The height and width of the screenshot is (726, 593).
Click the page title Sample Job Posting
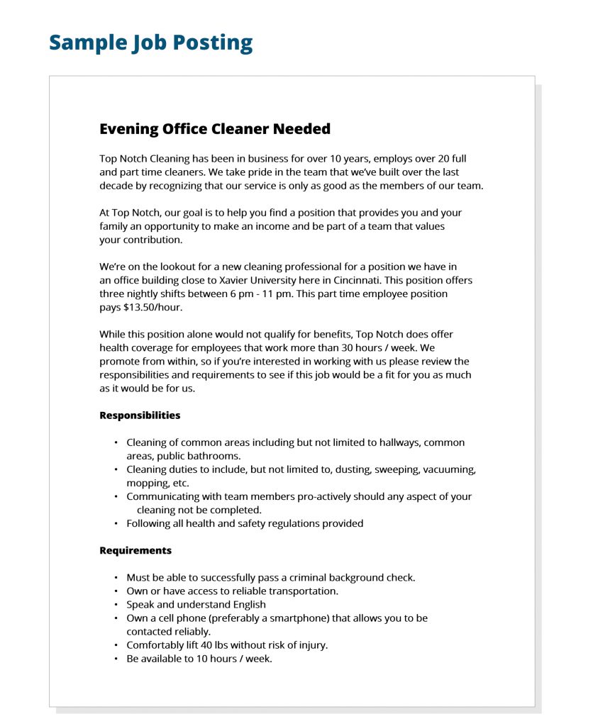point(150,43)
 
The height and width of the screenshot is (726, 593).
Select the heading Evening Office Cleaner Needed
point(215,129)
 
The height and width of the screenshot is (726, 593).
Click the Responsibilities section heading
point(140,415)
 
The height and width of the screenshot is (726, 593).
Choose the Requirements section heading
point(135,551)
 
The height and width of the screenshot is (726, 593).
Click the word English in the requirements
point(246,605)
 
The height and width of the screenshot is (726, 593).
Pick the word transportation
point(302,591)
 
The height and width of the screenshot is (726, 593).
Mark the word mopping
point(146,483)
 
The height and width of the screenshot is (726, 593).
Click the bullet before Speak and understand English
point(116,605)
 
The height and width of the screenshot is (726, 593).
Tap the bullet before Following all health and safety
point(116,524)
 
